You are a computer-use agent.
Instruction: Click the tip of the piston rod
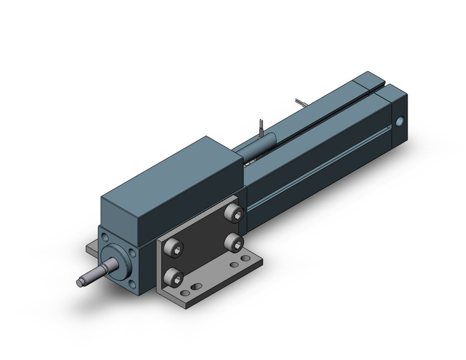[80, 281]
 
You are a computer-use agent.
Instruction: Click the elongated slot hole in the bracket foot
[194, 286]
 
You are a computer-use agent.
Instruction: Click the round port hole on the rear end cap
[401, 122]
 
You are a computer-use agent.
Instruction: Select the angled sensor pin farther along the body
[300, 101]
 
